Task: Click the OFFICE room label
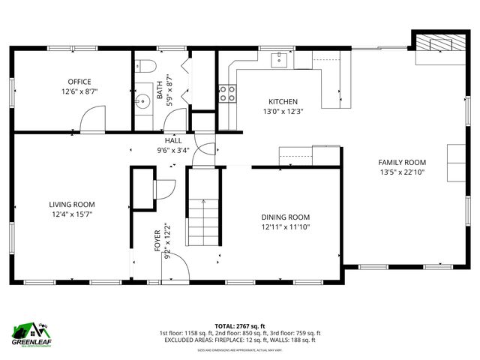pos(79,82)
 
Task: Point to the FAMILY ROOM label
pos(402,162)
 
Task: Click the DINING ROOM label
pos(285,217)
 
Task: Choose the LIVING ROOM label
pos(72,204)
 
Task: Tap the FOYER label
pos(157,240)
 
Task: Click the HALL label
pos(173,140)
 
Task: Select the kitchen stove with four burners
pos(227,94)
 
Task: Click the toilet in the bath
pos(145,65)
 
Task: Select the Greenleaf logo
pos(30,333)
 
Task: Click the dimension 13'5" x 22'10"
pos(402,172)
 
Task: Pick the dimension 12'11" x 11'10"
pos(285,226)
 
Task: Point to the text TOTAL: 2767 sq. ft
pos(240,325)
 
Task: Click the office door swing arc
pos(92,118)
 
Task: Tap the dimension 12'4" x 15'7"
pos(72,214)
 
